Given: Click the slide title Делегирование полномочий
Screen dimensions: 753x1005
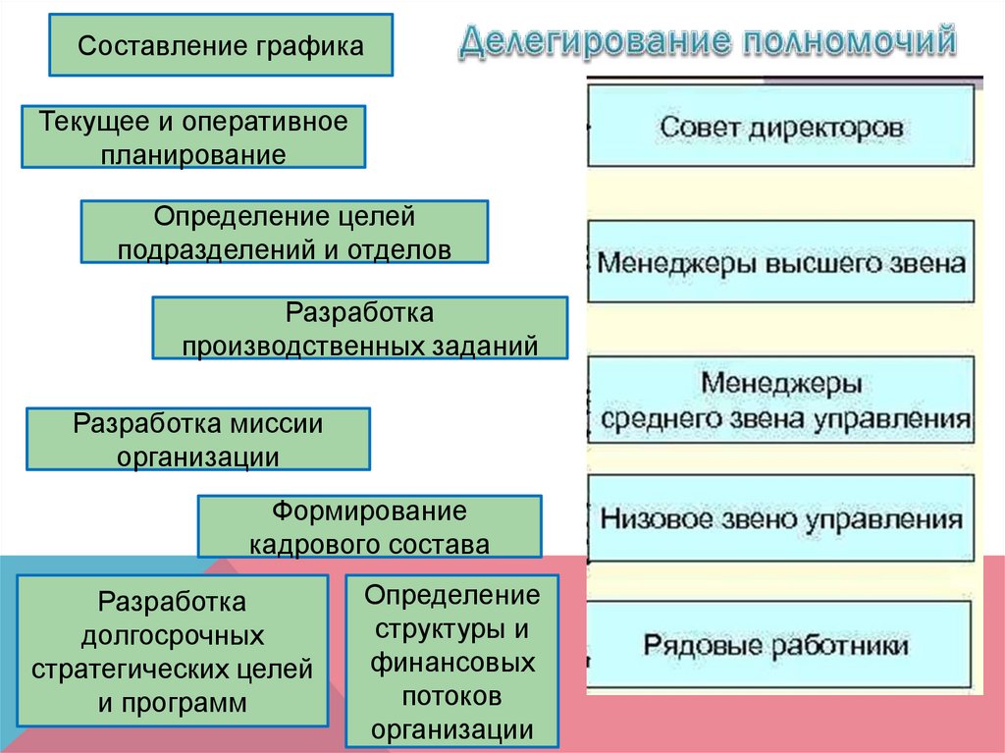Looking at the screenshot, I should point(706,42).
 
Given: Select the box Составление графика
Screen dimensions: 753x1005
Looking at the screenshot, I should point(221,45).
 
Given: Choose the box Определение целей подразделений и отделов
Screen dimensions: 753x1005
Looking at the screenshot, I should point(284,232).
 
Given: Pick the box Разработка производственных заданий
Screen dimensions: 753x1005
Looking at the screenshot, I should point(359,328).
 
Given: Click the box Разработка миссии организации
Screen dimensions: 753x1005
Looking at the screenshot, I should point(197,439).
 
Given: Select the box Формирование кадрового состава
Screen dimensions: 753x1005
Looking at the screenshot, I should point(369,527).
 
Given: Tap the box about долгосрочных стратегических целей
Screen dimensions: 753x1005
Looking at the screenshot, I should point(173,651).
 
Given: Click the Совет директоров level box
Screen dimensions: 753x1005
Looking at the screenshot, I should point(781,127).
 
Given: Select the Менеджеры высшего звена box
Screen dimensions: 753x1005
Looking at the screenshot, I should point(781,262).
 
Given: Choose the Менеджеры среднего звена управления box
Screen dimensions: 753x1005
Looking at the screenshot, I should point(781,401).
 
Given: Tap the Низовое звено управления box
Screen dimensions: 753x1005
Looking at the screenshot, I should point(781,518).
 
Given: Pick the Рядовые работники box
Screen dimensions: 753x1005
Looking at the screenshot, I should point(781,646).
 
